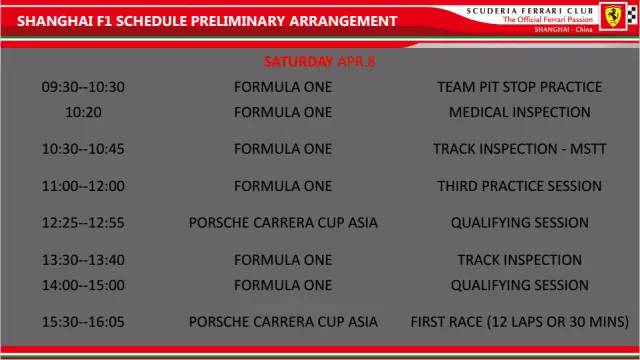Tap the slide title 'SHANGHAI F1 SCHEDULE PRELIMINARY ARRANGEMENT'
(200, 21)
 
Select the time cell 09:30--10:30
(83, 87)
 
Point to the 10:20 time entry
(83, 112)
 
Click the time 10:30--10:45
(83, 149)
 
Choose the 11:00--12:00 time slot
(83, 186)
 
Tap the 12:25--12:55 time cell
(83, 222)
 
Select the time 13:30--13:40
(83, 260)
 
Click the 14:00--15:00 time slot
(83, 285)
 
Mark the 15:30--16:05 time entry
(83, 322)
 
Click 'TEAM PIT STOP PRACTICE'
(519, 87)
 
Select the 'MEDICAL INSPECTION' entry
(519, 112)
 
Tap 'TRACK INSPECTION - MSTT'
(519, 149)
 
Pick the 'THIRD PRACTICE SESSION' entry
(519, 186)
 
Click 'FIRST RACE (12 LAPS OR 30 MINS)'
(519, 322)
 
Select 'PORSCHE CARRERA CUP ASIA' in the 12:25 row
(283, 222)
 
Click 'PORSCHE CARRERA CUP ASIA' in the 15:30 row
(283, 322)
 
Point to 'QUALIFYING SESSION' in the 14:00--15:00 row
(519, 285)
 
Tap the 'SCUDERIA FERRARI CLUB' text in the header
(530, 9)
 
